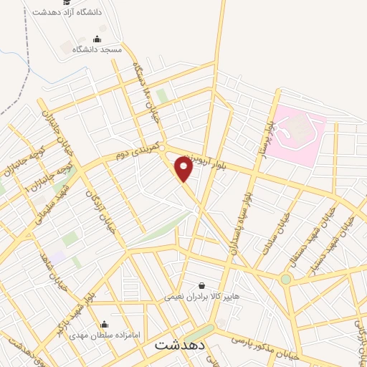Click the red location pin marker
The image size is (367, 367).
tap(183, 169)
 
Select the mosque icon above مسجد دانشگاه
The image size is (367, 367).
tap(97, 39)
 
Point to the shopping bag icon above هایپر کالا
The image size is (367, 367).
tap(201, 285)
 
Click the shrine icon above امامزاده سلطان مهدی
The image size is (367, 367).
tap(105, 323)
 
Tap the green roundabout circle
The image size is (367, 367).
tap(286, 279)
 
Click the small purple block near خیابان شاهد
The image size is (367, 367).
tap(57, 256)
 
